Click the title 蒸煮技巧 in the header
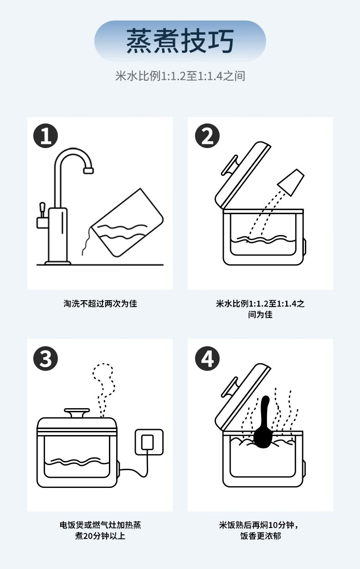point(180,41)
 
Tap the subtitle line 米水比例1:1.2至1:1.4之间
point(180,76)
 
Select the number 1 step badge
point(46,136)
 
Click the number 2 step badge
point(207,136)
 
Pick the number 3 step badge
point(46,359)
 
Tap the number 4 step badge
point(207,359)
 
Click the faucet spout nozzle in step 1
point(88,170)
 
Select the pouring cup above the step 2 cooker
point(291,182)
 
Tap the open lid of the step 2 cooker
point(242,175)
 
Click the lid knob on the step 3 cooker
point(77,413)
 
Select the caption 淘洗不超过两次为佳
point(100,303)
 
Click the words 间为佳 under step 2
point(260,314)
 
